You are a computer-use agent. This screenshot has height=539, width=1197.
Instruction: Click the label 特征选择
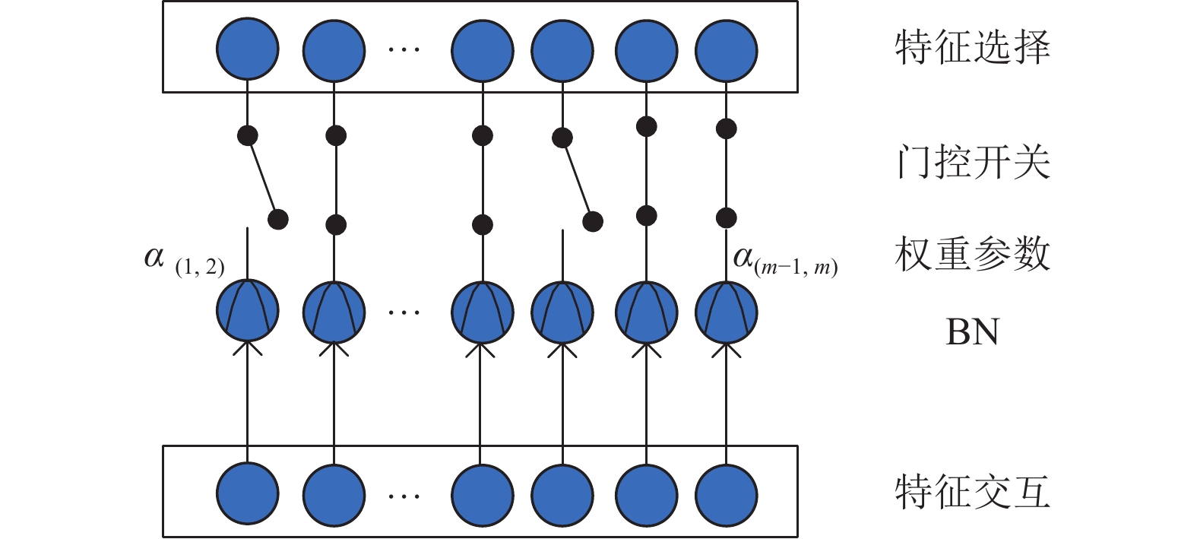point(973,48)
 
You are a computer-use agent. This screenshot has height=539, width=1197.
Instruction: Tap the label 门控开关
point(973,161)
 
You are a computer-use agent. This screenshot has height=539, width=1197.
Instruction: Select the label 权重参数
point(973,253)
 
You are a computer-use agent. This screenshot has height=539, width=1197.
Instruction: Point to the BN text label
point(972,332)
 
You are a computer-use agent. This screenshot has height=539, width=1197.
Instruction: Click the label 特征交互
point(973,492)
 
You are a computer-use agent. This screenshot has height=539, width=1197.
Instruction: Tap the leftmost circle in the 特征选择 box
point(248,49)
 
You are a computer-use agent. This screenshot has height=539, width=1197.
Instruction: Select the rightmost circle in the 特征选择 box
point(727,51)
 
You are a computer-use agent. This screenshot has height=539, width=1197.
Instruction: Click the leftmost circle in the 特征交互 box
point(248,493)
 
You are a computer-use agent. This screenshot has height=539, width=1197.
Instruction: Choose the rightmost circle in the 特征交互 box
point(727,495)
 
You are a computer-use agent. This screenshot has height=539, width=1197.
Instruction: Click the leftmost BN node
point(248,311)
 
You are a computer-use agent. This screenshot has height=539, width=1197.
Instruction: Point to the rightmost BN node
point(727,312)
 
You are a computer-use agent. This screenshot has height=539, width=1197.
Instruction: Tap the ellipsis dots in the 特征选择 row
point(404,49)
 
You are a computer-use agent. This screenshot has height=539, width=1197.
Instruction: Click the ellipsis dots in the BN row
point(404,312)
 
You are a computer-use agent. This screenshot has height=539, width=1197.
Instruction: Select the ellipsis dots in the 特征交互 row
point(404,496)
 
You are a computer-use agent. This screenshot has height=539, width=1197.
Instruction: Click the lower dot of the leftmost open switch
point(278,219)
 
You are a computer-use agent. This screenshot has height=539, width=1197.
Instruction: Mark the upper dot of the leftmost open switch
point(248,135)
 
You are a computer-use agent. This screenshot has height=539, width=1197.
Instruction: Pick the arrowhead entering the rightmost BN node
point(727,350)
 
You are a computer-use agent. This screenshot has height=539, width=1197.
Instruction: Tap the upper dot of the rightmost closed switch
point(727,128)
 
